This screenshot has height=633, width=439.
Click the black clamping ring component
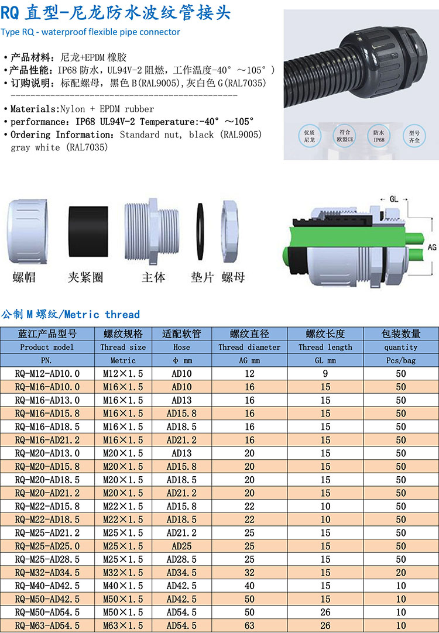coord(88,231)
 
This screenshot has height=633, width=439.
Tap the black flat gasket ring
coord(200,231)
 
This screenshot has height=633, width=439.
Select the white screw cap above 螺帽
coord(28,231)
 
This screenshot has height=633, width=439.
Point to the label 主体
coord(153,277)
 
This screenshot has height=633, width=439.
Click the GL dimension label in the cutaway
coord(394,199)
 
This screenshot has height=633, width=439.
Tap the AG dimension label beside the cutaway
coord(432,247)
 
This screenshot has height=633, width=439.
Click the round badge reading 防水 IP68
coord(379,136)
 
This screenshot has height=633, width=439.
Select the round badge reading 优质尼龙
coord(310,136)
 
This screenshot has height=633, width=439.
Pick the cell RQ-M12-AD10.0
coord(47,373)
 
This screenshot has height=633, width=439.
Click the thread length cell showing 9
coord(325,373)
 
